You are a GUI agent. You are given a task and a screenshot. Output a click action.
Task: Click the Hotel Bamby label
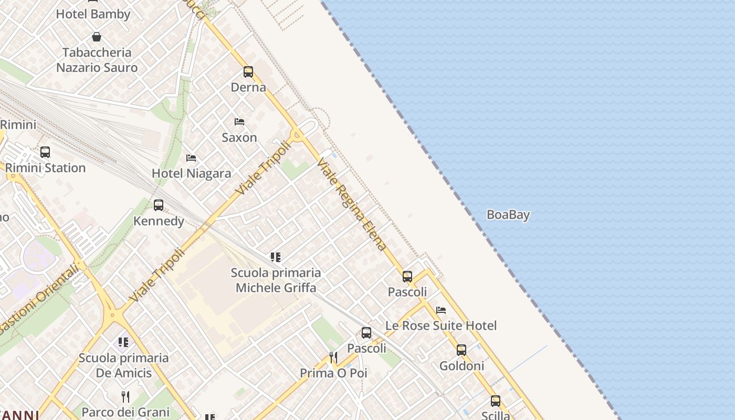93,14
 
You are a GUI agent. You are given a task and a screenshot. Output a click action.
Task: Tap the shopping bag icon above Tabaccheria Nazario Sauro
97,37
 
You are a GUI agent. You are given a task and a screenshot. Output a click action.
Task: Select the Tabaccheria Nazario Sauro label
97,60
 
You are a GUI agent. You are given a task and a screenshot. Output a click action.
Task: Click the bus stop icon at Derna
248,72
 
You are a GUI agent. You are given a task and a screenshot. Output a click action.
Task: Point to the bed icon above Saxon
239,122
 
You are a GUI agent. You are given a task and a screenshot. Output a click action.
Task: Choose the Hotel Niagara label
191,173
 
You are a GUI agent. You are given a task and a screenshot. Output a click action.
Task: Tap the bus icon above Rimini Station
45,152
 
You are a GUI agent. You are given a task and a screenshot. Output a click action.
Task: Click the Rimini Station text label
45,168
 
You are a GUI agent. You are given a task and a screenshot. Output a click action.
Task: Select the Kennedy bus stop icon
159,205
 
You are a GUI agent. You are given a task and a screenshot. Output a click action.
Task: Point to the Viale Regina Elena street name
352,204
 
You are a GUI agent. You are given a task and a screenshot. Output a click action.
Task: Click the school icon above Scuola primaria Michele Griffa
276,257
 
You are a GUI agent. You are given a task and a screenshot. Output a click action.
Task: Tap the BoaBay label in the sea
508,215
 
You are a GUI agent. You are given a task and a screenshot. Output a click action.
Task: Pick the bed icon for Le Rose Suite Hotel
441,310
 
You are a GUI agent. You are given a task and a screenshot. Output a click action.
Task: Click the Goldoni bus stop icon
461,350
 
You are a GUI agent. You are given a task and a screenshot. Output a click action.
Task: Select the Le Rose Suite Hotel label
441,325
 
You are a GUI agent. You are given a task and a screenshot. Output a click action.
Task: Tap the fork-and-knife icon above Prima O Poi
333,358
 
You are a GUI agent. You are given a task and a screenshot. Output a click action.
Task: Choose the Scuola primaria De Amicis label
123,365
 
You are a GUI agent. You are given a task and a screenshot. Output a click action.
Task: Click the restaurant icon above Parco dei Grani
125,396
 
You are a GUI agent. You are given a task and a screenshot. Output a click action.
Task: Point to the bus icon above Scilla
496,401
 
